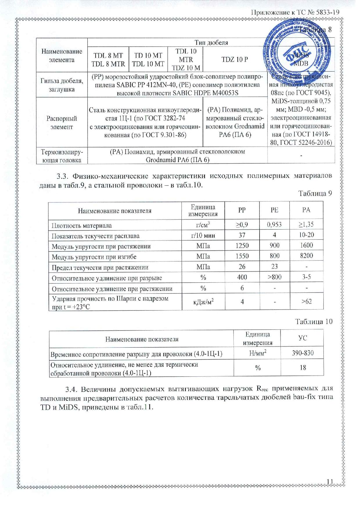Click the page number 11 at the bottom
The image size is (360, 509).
[330, 481]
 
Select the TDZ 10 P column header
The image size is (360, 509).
[235, 59]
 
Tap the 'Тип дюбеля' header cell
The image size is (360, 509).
[211, 42]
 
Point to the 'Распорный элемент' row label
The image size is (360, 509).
[62, 123]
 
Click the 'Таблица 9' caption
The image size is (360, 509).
[315, 194]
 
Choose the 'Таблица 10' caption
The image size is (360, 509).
[314, 322]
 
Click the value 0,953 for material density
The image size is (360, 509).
[274, 224]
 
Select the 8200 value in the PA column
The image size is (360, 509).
[306, 256]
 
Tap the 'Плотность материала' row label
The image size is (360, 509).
[82, 225]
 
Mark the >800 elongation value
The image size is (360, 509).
[274, 277]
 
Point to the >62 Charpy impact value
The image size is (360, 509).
[306, 302]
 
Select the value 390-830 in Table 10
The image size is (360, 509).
[303, 353]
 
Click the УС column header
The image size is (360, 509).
[303, 338]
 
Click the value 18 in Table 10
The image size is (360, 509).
[303, 367]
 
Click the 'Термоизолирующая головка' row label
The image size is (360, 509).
[62, 156]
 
